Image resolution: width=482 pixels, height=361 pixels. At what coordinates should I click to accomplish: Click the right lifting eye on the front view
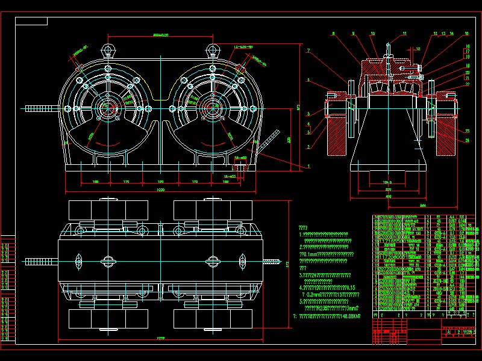point(212,49)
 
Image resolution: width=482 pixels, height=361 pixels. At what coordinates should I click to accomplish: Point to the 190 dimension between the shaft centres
point(160,180)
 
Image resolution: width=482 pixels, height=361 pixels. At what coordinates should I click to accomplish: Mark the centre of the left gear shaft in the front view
point(108,108)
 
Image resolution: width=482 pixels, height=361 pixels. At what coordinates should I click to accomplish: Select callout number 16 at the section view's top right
point(466,34)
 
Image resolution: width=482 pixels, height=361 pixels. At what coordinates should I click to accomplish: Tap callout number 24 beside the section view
point(467,140)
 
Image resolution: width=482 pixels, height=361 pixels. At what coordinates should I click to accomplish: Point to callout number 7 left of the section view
point(308,51)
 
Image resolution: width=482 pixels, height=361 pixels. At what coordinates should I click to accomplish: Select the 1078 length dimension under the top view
point(160,339)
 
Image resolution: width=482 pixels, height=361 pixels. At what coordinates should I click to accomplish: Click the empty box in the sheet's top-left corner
point(31,22)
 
